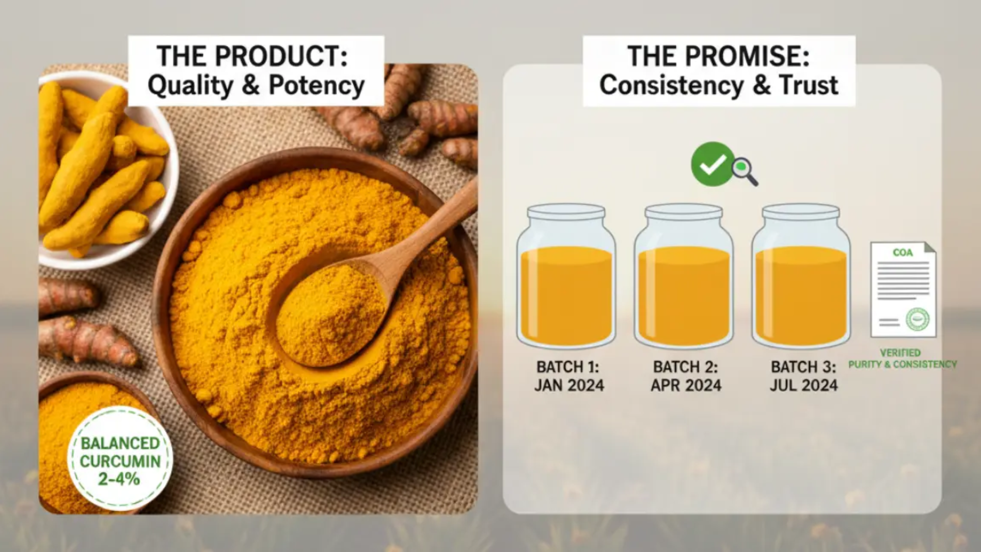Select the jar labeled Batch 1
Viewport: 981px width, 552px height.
pyautogui.click(x=566, y=276)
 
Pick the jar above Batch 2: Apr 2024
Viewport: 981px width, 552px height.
pyautogui.click(x=684, y=276)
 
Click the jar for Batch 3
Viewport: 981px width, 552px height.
pyautogui.click(x=801, y=276)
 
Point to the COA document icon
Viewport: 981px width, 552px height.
pyautogui.click(x=903, y=289)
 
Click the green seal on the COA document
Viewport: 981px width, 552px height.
pyautogui.click(x=917, y=319)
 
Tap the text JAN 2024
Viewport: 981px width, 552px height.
pyautogui.click(x=569, y=385)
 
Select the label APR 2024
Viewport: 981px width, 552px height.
pyautogui.click(x=686, y=385)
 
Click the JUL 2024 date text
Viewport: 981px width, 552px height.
pyautogui.click(x=803, y=385)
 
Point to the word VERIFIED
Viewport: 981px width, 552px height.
pyautogui.click(x=900, y=353)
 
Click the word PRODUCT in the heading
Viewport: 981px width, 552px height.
pyautogui.click(x=281, y=56)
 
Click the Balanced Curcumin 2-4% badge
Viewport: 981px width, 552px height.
pyautogui.click(x=120, y=459)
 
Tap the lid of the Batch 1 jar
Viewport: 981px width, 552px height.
pyautogui.click(x=566, y=212)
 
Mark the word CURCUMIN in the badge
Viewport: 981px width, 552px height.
pyautogui.click(x=120, y=461)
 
